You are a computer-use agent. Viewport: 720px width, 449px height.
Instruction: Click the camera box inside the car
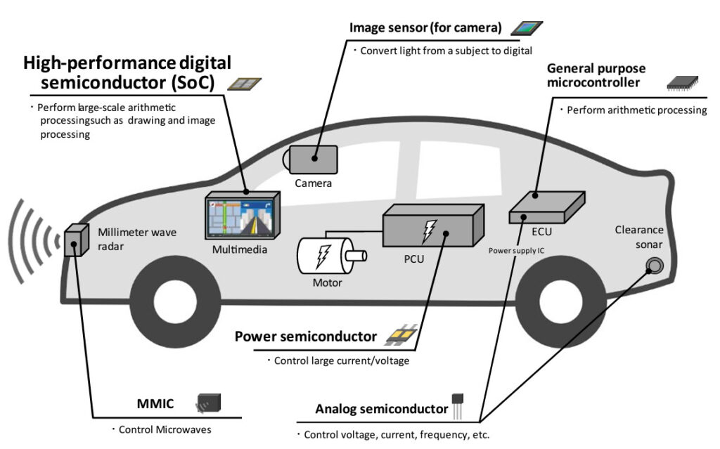coord(312,160)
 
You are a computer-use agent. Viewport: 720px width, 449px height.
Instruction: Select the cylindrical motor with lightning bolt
coord(323,256)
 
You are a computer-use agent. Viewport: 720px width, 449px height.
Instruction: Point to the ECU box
coord(546,204)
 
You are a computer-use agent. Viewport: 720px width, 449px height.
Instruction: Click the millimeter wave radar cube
coord(75,242)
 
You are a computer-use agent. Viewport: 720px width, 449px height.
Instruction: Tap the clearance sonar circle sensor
coord(655,265)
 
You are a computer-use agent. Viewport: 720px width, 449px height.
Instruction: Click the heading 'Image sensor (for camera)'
coord(425,28)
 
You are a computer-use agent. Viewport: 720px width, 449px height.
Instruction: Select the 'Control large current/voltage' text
coord(337,361)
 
